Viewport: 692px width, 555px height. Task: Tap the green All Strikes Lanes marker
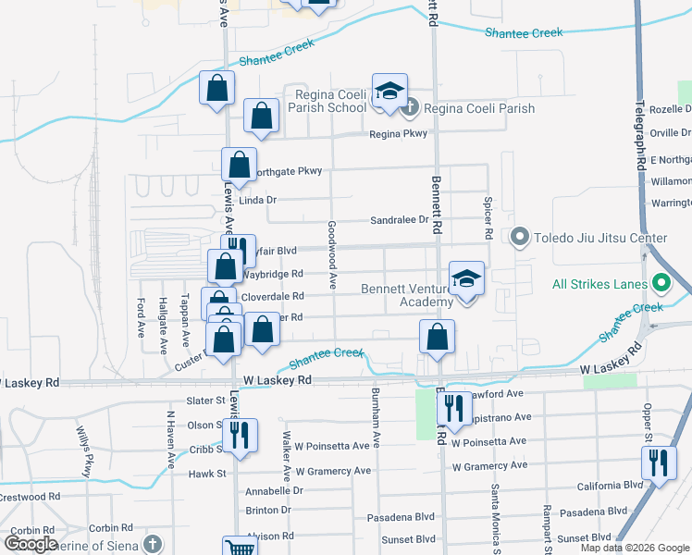click(x=661, y=282)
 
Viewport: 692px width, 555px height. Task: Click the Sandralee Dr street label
click(x=400, y=220)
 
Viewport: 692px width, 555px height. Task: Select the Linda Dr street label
click(x=258, y=200)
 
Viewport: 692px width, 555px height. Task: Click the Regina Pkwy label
click(x=399, y=134)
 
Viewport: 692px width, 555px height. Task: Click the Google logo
click(x=31, y=544)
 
